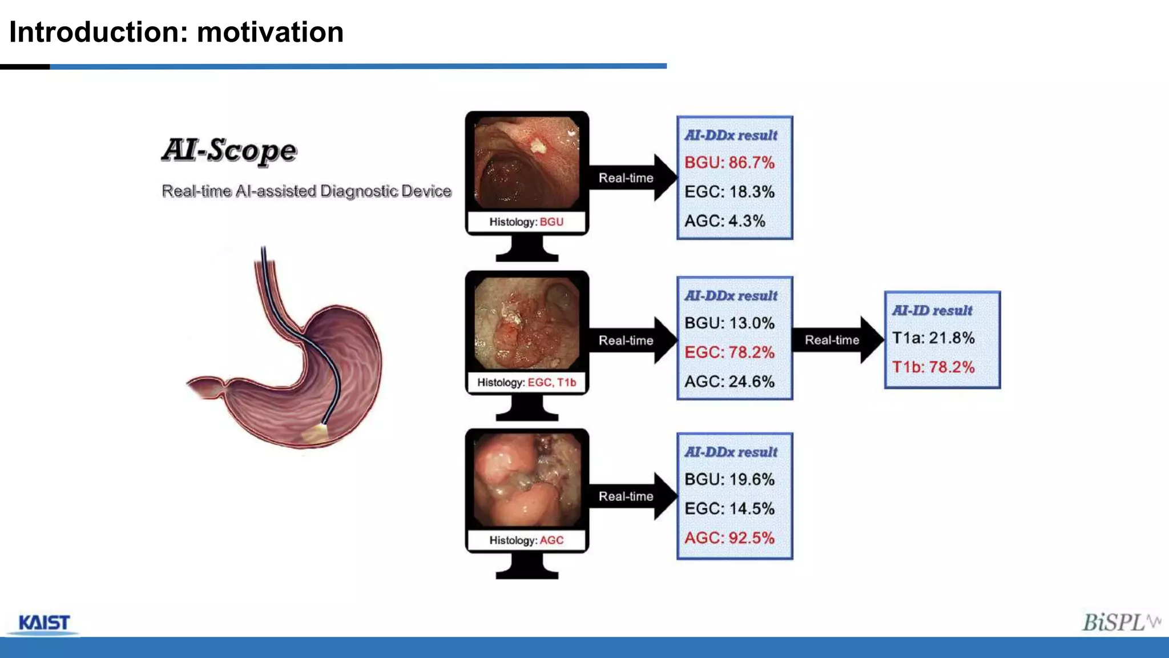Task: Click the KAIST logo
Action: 44,623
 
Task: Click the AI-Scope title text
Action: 229,150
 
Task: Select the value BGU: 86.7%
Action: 729,163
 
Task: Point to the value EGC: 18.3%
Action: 729,192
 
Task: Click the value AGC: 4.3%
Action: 725,221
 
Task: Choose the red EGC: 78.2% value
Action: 729,352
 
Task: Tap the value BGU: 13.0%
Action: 729,323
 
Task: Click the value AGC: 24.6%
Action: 729,382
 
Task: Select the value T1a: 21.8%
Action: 933,338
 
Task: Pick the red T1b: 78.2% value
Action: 933,367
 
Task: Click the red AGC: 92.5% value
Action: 729,538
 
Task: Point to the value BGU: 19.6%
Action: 729,479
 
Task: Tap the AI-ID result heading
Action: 932,311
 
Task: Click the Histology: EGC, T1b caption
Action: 527,383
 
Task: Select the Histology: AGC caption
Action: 526,540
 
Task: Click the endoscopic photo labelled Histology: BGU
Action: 527,163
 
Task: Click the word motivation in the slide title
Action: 270,32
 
